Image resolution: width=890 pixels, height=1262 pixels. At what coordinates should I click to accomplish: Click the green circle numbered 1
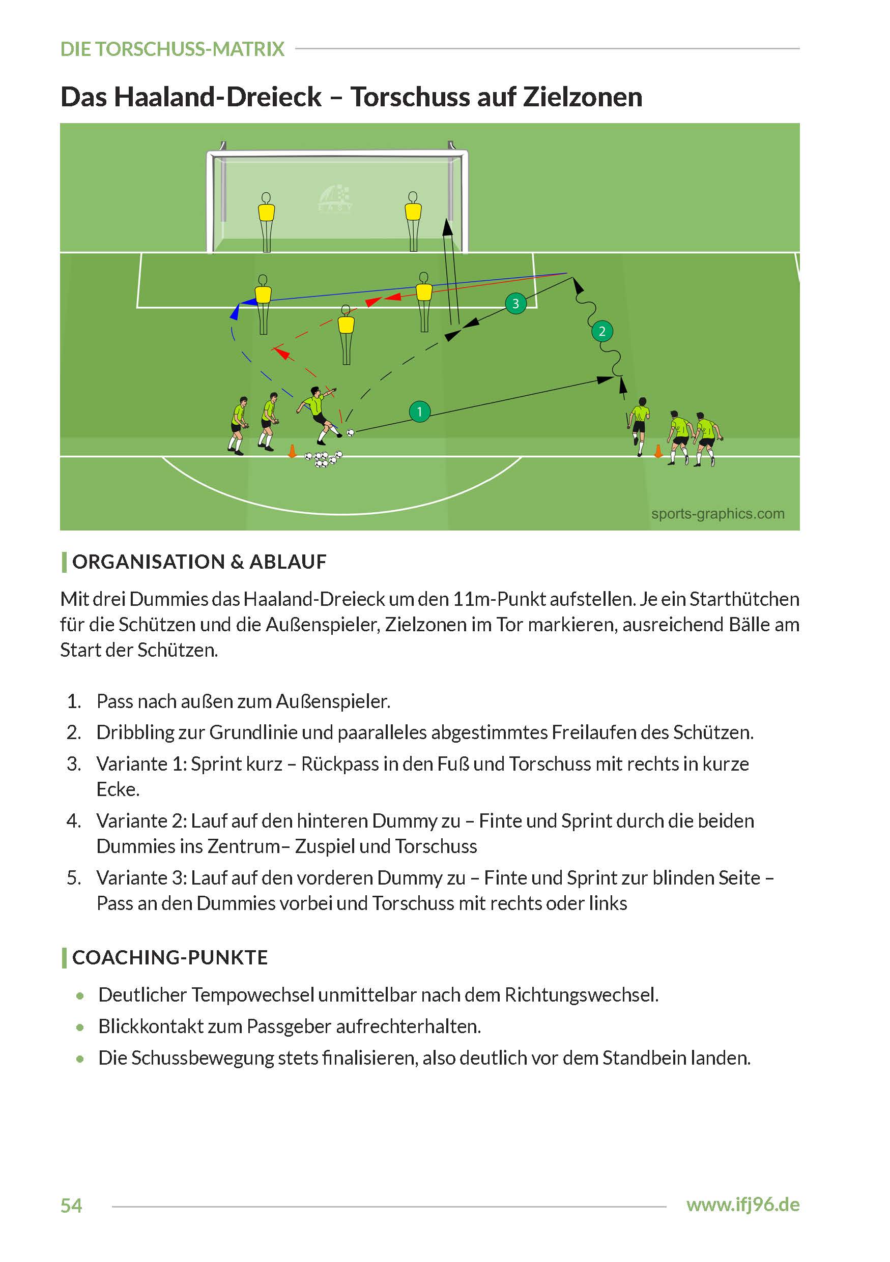pos(419,411)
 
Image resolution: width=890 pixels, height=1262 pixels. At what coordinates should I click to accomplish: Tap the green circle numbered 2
pos(602,331)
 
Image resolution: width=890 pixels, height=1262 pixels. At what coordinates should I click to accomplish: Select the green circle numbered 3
pos(515,303)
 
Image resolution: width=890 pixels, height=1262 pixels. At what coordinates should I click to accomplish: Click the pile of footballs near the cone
pos(323,458)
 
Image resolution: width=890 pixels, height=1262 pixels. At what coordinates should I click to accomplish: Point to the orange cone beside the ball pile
pos(293,451)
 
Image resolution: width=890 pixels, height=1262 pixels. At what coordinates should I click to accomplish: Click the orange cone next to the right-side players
pos(657,452)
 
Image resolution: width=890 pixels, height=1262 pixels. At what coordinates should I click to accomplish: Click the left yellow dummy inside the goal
pos(266,220)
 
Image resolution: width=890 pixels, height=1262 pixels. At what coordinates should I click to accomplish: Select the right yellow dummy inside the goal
pos(413,220)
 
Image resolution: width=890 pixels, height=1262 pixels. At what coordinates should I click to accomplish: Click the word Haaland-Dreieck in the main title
pos(218,97)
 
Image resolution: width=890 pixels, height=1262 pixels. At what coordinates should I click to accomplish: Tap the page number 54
pos(71,1206)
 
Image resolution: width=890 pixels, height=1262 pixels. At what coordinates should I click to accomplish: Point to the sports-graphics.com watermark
pos(717,514)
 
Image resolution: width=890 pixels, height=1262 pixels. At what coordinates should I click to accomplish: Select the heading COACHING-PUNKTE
pos(170,957)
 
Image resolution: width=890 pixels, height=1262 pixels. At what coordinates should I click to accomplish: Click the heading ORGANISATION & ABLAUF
pos(199,562)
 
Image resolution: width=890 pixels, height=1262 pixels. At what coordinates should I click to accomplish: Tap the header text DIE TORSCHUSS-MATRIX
pos(172,49)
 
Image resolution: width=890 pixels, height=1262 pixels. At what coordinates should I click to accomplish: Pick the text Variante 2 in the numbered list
pos(141,820)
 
